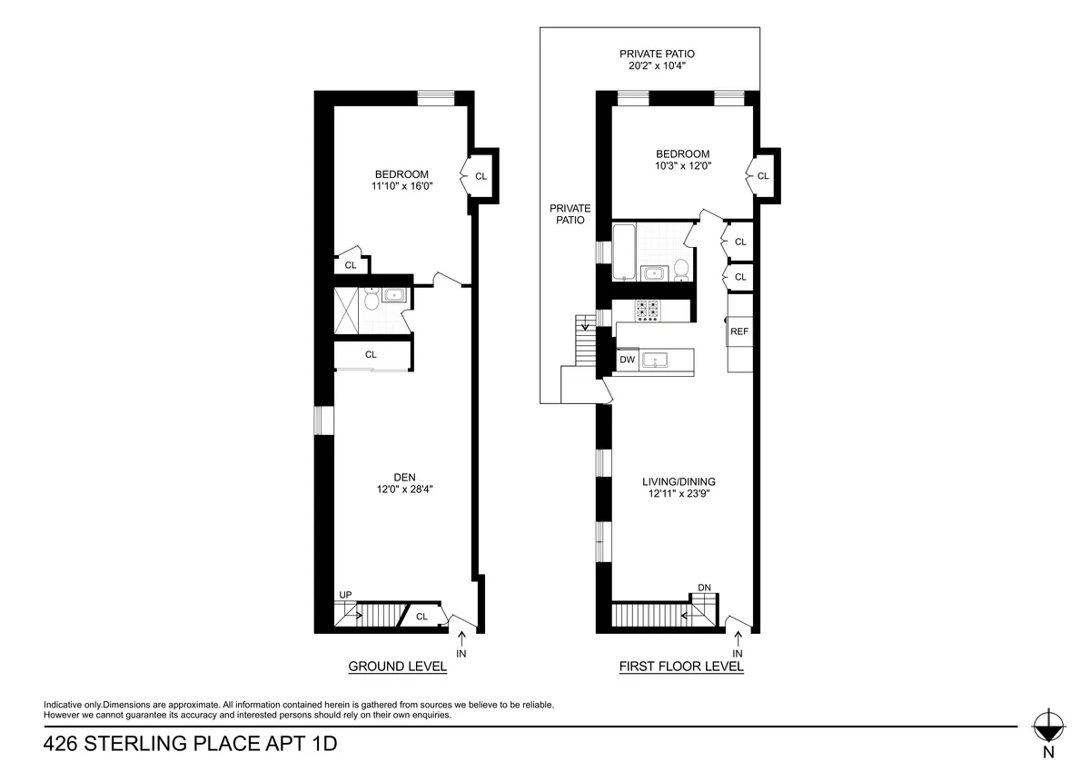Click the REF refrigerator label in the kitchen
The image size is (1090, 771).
(x=739, y=332)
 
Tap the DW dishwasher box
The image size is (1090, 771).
(x=627, y=360)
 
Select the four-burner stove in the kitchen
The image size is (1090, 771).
(x=648, y=311)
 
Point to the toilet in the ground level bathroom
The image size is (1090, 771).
(x=372, y=299)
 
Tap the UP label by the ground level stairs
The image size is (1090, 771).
(x=345, y=595)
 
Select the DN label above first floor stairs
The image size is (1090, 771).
(x=704, y=588)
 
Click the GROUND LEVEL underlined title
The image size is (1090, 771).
(x=398, y=667)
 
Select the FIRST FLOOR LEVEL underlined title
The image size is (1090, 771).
(x=681, y=667)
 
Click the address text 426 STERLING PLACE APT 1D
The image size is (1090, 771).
(x=190, y=745)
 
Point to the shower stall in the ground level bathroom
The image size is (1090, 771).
(x=347, y=301)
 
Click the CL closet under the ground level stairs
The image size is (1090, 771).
(x=421, y=617)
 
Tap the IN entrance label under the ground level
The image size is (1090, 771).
(x=461, y=654)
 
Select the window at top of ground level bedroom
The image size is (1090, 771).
(x=435, y=98)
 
